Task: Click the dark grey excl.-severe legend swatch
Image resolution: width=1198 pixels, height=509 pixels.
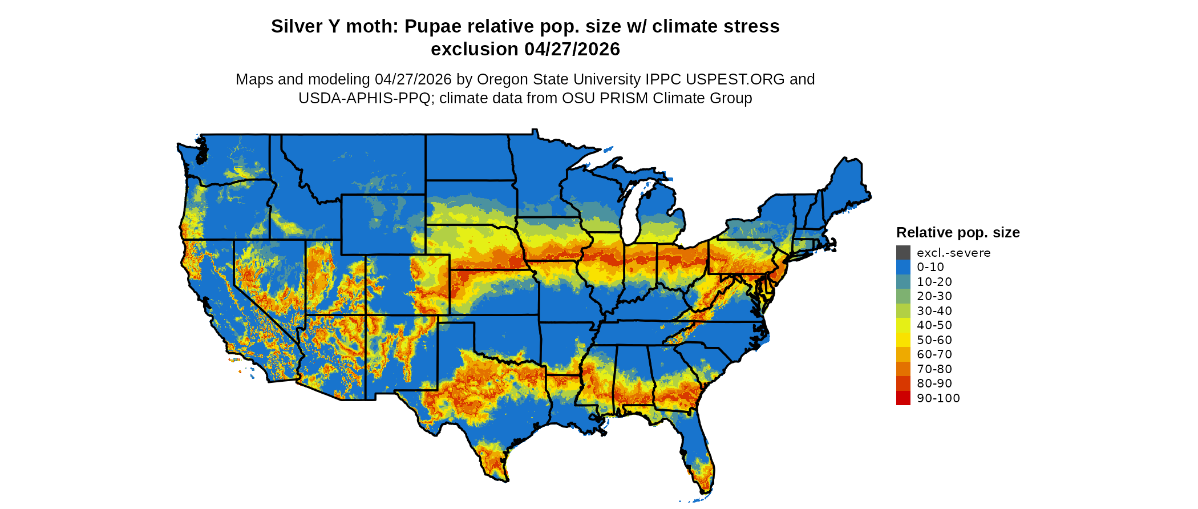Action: [903, 253]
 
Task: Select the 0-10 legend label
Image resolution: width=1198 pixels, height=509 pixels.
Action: [930, 267]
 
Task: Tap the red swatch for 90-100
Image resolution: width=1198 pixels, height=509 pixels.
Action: [903, 398]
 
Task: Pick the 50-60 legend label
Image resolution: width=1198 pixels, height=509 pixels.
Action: [934, 340]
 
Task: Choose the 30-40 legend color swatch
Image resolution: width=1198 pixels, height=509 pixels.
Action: [903, 311]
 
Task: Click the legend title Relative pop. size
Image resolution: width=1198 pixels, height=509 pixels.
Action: [958, 233]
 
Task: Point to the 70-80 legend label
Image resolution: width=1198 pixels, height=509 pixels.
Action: [934, 369]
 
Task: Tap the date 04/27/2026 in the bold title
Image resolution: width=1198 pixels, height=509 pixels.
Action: [572, 50]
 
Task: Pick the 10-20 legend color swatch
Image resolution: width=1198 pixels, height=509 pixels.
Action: [903, 282]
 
